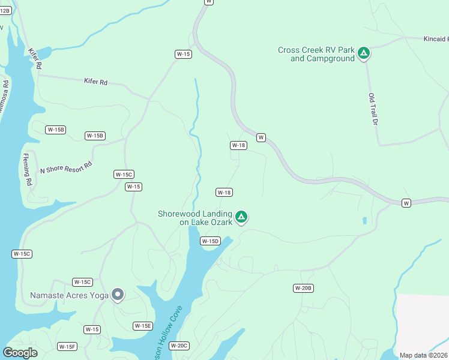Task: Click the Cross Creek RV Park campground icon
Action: (x=363, y=53)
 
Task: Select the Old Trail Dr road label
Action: (x=372, y=109)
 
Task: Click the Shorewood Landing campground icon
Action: (x=241, y=216)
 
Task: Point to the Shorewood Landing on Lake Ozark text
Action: (x=194, y=218)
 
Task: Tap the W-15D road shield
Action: (x=211, y=241)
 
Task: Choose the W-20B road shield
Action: (x=304, y=289)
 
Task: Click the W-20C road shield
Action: (x=179, y=346)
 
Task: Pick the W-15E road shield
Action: (x=143, y=326)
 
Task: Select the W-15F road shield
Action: (x=67, y=347)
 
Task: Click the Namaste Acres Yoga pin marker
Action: (x=118, y=295)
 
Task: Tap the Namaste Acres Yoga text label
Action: (x=70, y=295)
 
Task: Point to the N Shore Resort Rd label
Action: (x=66, y=167)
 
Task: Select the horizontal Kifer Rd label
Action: (x=95, y=82)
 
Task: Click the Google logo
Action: (x=20, y=353)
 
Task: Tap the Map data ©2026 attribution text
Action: (x=423, y=355)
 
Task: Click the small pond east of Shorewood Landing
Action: (x=364, y=221)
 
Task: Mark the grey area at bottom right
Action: (x=423, y=321)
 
